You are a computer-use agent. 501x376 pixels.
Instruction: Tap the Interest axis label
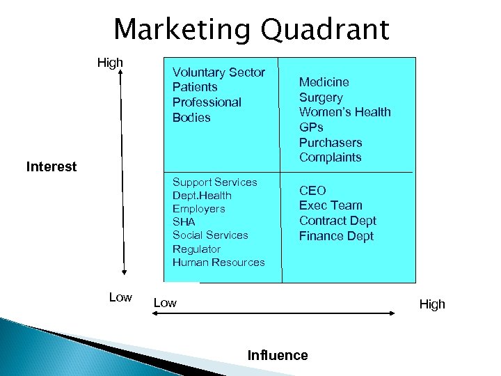51,167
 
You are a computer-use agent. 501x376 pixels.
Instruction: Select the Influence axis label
278,355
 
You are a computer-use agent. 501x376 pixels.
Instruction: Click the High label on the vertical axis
110,63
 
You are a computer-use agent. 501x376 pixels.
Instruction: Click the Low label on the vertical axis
120,297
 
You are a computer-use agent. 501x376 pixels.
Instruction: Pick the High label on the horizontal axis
432,304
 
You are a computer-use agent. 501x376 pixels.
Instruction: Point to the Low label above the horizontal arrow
165,303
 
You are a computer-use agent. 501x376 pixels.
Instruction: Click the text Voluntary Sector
218,72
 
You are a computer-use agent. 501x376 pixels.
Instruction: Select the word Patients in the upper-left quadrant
195,87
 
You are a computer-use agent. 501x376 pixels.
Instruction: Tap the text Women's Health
344,112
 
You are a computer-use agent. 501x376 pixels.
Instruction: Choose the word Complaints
330,157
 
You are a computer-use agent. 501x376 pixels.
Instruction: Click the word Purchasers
331,142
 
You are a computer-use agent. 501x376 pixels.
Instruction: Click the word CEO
312,190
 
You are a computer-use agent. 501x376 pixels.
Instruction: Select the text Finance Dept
336,236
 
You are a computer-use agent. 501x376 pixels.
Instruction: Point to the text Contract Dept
337,221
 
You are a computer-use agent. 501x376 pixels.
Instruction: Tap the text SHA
184,222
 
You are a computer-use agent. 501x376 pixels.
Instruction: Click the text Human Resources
218,263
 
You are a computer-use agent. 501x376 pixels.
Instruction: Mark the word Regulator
196,249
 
